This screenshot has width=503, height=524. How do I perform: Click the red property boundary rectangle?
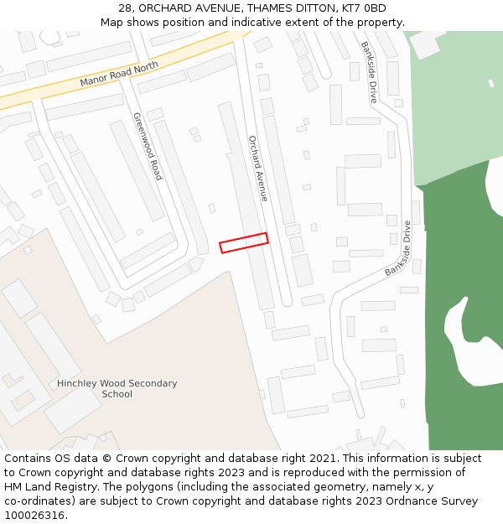coord(243,242)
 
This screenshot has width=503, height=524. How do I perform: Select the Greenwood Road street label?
coord(147,147)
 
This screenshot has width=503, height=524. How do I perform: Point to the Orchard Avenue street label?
coord(257,168)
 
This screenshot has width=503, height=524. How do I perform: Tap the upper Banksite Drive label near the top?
coord(369,72)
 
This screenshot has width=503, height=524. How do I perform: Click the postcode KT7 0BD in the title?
coord(364,8)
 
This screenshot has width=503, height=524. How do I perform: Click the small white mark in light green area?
coord(491,83)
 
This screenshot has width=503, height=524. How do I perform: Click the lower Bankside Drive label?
coord(399,249)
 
